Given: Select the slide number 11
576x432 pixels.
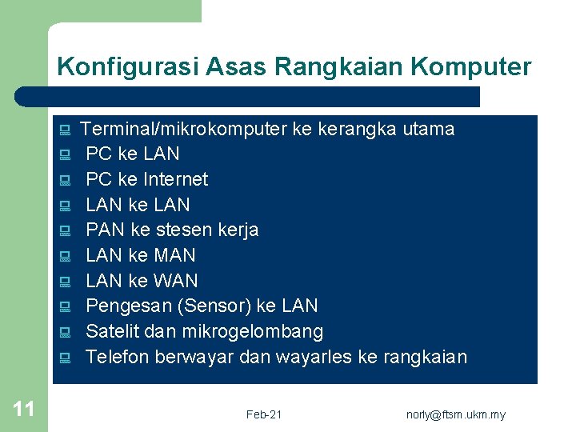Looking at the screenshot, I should [x=24, y=410].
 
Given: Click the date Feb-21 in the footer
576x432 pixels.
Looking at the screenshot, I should [x=264, y=414].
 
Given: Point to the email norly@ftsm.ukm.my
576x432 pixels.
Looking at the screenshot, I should [x=456, y=414].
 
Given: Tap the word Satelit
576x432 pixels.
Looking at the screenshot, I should [x=113, y=332].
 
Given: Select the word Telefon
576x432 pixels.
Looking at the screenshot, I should [x=118, y=358].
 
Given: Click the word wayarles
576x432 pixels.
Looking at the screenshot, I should [x=314, y=358].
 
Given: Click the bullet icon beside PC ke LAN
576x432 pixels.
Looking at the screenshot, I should [x=65, y=154].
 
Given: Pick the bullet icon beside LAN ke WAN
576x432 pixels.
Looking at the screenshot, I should [x=65, y=282].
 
